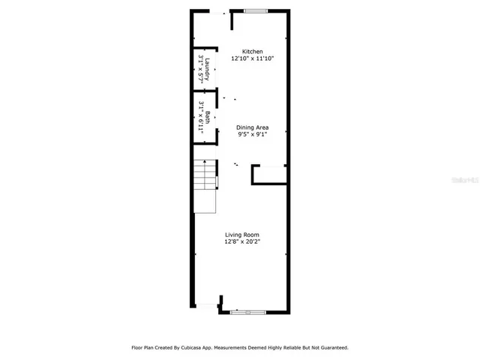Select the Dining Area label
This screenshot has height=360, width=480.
pyautogui.click(x=252, y=127)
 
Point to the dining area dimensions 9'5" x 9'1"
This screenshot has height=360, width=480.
pyautogui.click(x=252, y=135)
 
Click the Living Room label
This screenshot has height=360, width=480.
pyautogui.click(x=241, y=235)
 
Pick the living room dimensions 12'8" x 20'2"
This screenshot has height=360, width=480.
pyautogui.click(x=241, y=242)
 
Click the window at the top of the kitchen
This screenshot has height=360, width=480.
pyautogui.click(x=256, y=10)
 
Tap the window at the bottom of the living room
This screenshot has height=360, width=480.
pyautogui.click(x=247, y=312)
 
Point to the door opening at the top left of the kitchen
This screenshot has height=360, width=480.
pyautogui.click(x=218, y=12)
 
